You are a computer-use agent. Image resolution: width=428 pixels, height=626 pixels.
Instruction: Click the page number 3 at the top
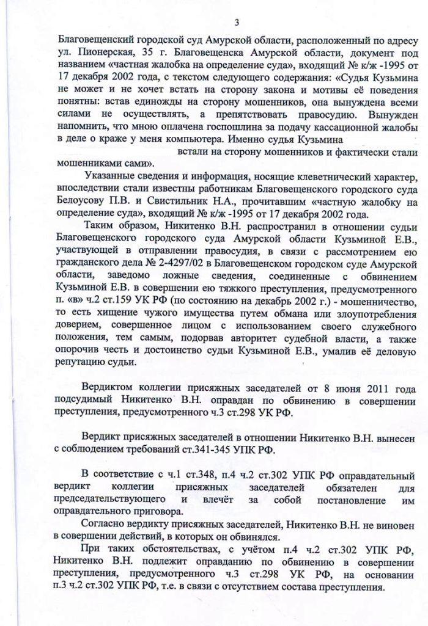pos(236,23)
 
